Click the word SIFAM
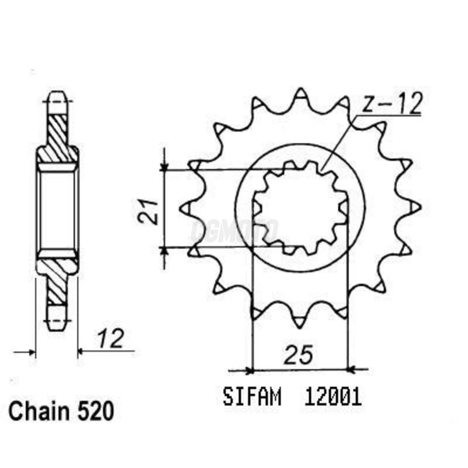point(252,397)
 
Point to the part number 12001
point(333,397)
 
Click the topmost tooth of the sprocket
point(301,94)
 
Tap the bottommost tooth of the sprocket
point(300,322)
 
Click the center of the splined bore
point(300,208)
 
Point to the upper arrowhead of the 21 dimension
point(163,166)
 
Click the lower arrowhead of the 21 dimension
point(163,251)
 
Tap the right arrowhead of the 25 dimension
point(352,370)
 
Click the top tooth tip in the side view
point(57,98)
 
